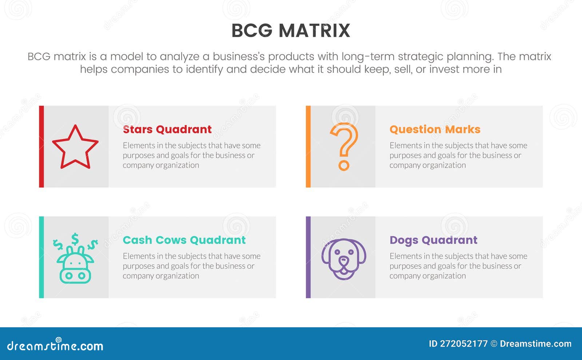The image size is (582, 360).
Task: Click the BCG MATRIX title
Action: click(x=291, y=31)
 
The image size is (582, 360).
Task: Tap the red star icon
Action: click(x=75, y=147)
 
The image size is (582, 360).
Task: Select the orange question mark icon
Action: click(x=344, y=146)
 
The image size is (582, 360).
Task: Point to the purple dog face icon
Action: click(x=344, y=259)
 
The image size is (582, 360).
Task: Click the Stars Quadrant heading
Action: click(x=167, y=129)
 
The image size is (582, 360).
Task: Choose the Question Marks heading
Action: click(x=435, y=129)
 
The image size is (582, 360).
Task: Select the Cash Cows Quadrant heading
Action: click(x=184, y=240)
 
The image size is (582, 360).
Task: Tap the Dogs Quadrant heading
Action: click(x=433, y=240)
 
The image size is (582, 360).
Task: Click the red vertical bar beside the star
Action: click(x=41, y=147)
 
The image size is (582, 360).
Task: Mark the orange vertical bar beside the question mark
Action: click(x=308, y=147)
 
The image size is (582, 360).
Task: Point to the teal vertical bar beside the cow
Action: click(x=41, y=257)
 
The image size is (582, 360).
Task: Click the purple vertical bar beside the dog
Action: click(x=308, y=257)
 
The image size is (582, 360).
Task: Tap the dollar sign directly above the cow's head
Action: click(x=75, y=239)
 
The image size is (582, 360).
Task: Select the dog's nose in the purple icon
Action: click(x=344, y=260)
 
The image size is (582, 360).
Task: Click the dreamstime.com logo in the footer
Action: click(x=55, y=345)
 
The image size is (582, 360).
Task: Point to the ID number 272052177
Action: click(x=464, y=344)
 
